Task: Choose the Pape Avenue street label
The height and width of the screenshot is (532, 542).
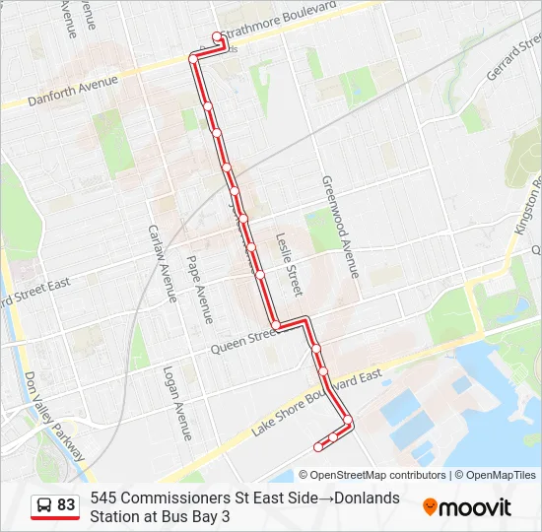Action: click(200, 293)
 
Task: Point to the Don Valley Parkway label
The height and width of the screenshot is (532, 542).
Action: click(58, 414)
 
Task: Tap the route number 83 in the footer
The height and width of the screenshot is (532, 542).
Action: click(66, 505)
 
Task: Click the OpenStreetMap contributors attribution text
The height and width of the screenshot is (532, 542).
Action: click(379, 475)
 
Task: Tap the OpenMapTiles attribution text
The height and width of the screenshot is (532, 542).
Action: click(498, 475)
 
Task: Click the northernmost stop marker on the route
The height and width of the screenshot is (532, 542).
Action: click(217, 37)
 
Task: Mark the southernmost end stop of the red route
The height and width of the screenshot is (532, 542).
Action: click(316, 448)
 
